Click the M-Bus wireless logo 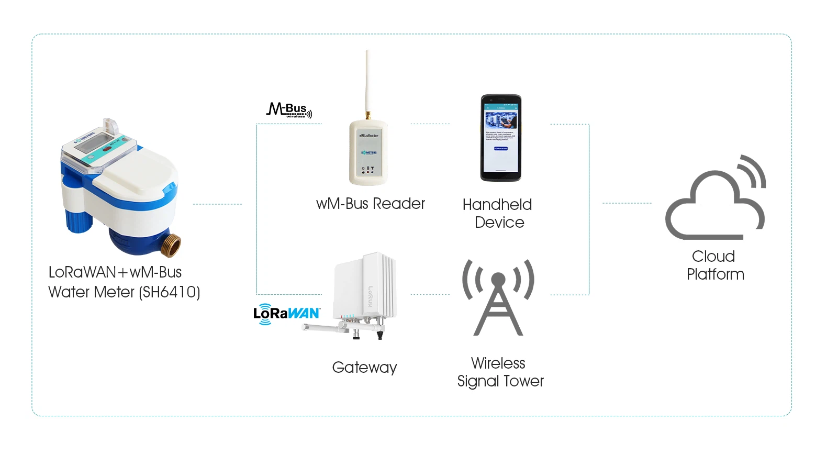[x=289, y=110]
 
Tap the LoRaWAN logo [x=286, y=314]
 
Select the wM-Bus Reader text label [x=370, y=204]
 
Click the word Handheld [x=497, y=205]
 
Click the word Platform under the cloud [x=715, y=274]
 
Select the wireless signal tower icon [x=498, y=297]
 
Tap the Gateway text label [x=364, y=368]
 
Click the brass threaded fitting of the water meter [x=171, y=245]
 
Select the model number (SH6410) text [x=170, y=292]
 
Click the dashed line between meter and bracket [x=217, y=204]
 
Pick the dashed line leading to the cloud [x=627, y=203]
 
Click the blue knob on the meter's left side [x=79, y=220]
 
